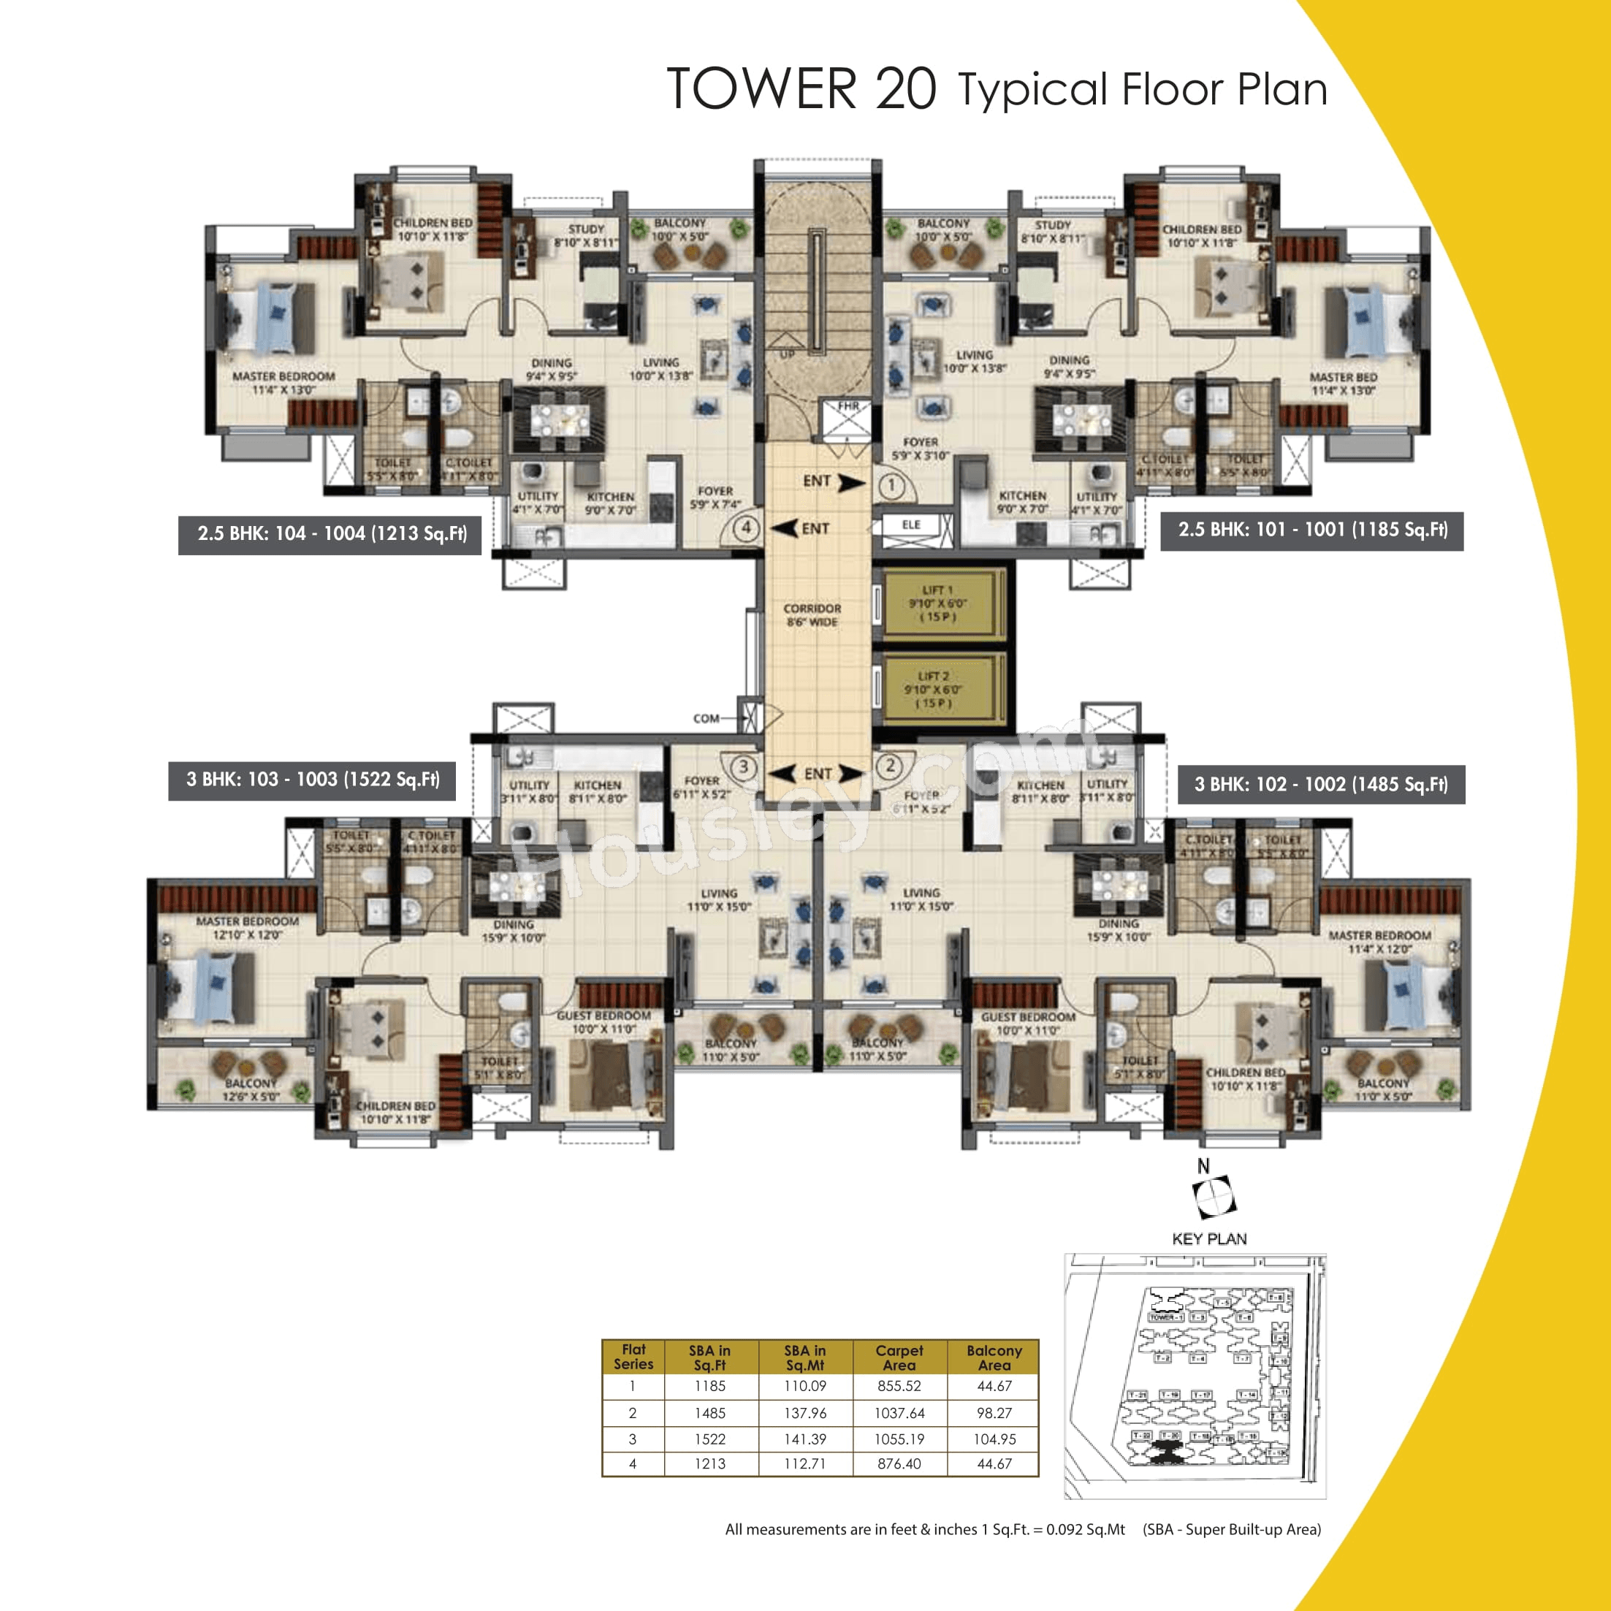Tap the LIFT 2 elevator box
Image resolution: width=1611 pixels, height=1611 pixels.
pos(937,689)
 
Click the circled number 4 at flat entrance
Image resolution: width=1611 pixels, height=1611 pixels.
pos(746,528)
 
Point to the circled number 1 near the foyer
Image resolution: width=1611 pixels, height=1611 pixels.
pos(891,484)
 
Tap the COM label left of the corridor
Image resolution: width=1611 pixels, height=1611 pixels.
pos(706,718)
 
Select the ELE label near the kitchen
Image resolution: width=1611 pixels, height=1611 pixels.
pos(910,525)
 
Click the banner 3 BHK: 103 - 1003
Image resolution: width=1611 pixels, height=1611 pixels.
pos(312,780)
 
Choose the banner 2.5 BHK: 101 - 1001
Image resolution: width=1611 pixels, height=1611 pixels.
pos(1311,530)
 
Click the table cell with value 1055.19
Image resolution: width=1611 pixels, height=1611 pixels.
pos(899,1439)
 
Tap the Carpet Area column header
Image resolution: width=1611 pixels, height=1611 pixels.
pos(899,1357)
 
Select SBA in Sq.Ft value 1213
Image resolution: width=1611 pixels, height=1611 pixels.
pos(709,1463)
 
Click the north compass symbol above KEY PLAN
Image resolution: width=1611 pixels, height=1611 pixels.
pos(1215,1197)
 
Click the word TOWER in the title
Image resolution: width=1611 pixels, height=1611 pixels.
pos(761,88)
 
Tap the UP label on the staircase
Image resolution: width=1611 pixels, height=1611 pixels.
pos(787,354)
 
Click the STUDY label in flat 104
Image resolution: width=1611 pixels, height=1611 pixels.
pos(585,229)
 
